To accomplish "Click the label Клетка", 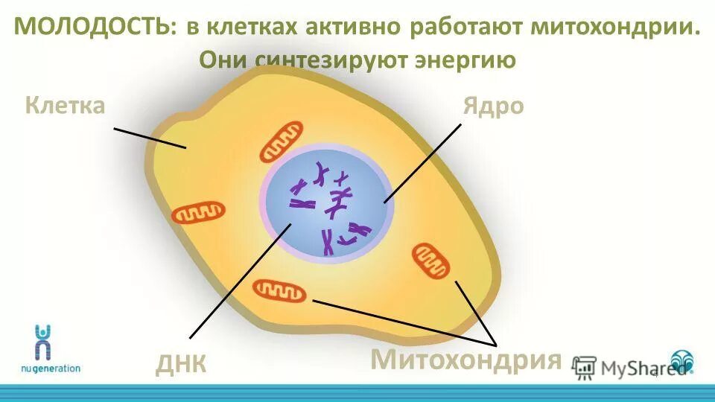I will click(65, 105).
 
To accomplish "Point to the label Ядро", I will click(493, 106).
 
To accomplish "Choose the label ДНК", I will click(181, 364).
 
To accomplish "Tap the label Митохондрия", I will click(465, 360).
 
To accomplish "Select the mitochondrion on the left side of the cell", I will click(198, 213).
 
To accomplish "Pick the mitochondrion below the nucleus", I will click(279, 290).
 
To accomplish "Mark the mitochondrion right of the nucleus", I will click(431, 260).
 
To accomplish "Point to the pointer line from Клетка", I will click(149, 138).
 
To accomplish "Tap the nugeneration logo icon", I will click(43, 341).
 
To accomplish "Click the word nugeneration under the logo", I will click(50, 368).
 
